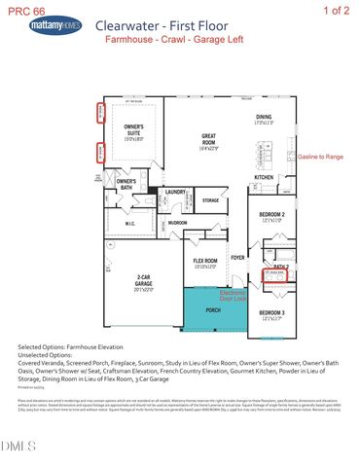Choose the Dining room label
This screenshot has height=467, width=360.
point(264,121)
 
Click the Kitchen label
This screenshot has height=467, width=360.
point(264,177)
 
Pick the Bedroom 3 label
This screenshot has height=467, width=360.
point(271,314)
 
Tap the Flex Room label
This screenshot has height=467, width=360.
point(204,262)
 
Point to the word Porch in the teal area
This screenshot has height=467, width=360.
point(210,312)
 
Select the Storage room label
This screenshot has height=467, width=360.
point(210,200)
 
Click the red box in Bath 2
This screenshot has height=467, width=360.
point(279,276)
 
